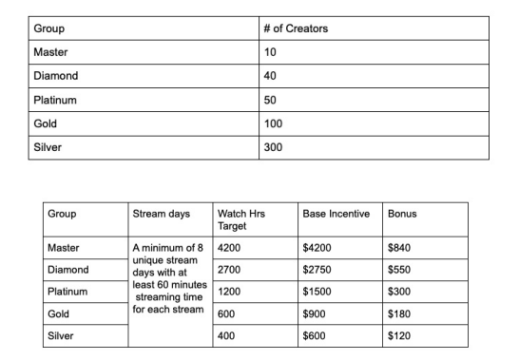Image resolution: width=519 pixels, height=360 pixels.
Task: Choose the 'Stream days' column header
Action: (x=161, y=214)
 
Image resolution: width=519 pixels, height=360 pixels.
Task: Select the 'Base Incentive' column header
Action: (x=335, y=214)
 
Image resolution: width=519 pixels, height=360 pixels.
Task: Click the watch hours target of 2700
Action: (x=232, y=269)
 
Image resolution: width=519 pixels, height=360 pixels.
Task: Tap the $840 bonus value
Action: (x=400, y=248)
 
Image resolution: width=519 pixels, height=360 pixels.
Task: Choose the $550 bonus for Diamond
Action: (x=400, y=269)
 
